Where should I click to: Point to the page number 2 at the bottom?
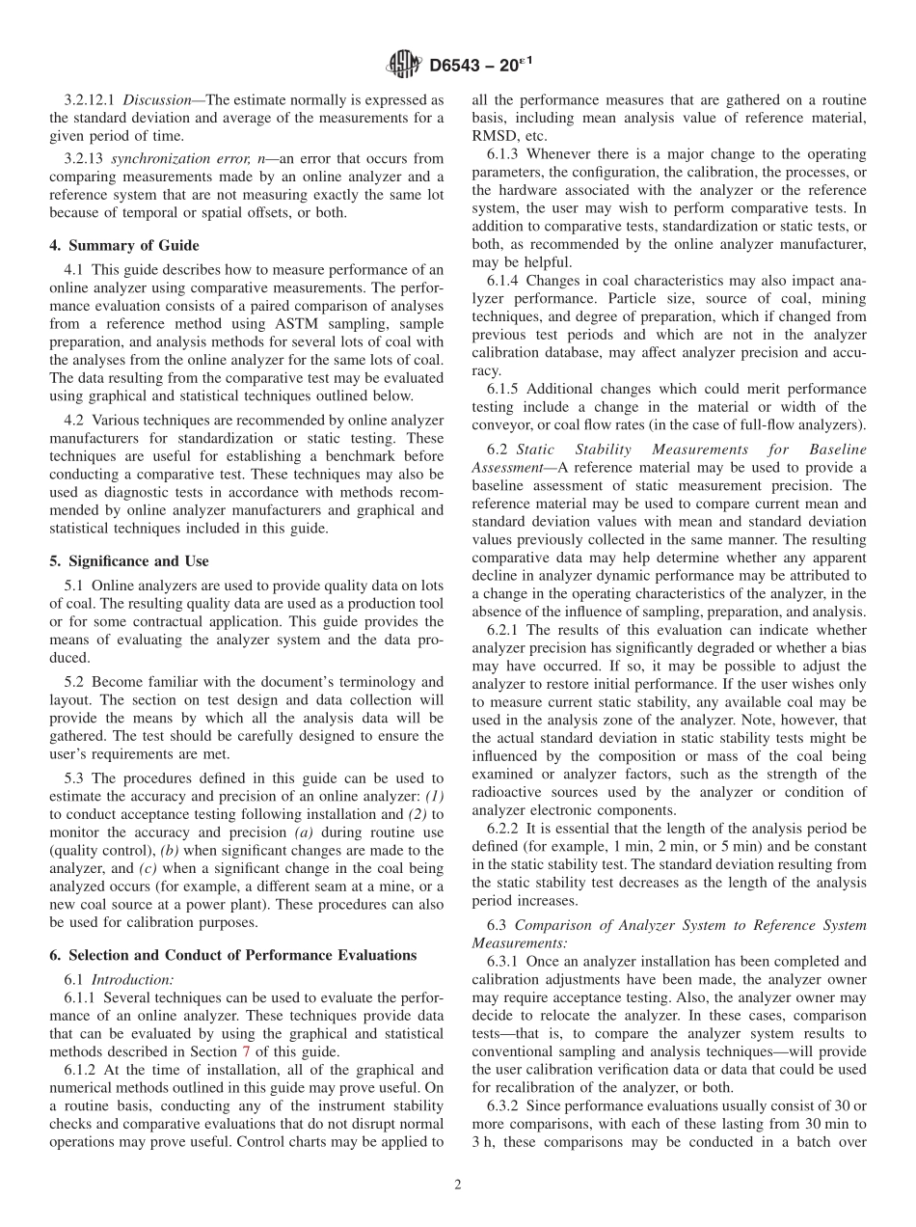[458, 1186]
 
